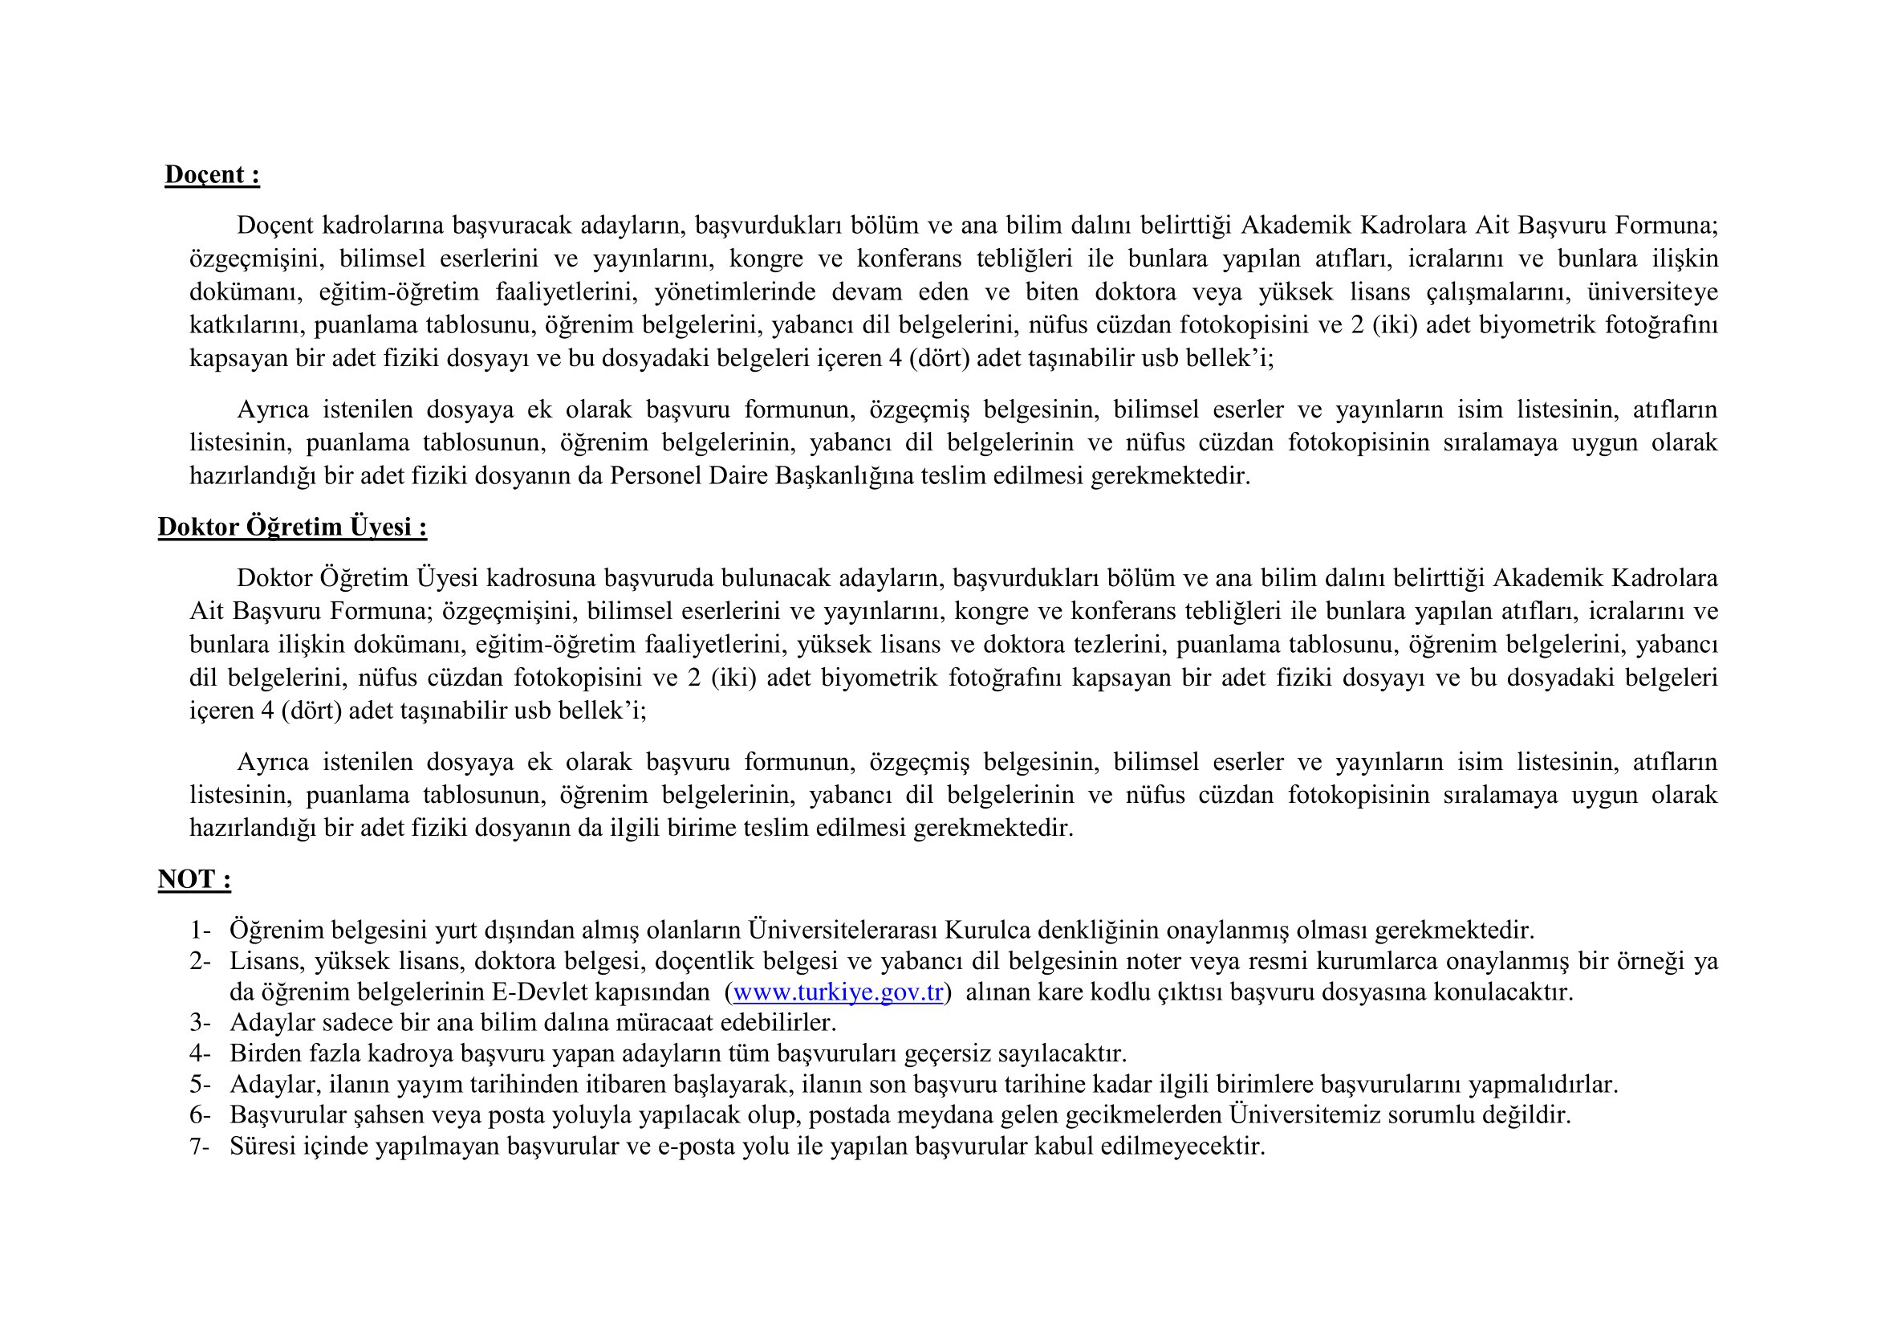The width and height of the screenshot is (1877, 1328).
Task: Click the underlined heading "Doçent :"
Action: [x=212, y=175]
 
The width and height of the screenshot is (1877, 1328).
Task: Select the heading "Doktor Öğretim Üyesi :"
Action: [x=292, y=528]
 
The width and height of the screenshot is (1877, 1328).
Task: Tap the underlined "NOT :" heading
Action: [x=193, y=880]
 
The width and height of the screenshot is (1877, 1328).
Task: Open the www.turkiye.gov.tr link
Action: [x=838, y=992]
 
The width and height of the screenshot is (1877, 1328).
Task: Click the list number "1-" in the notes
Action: [x=201, y=931]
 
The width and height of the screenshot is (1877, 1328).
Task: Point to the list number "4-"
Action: [x=201, y=1054]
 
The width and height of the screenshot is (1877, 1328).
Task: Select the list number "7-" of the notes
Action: [x=201, y=1147]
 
